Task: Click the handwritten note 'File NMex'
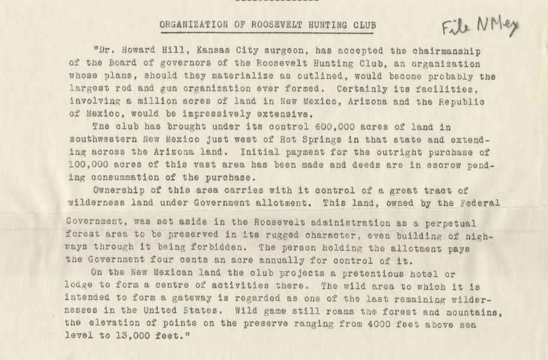tap(480, 26)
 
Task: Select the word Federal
tap(478, 202)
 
